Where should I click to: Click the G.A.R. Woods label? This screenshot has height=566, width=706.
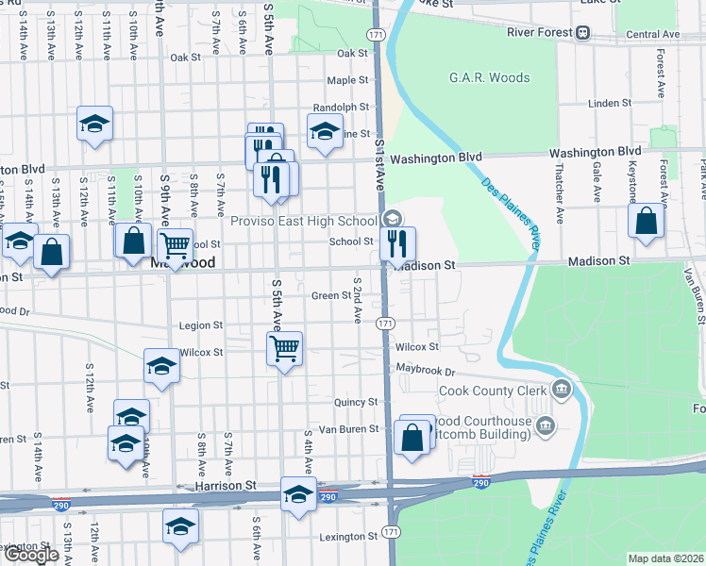click(x=489, y=77)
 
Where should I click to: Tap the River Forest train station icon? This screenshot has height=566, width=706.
click(x=583, y=33)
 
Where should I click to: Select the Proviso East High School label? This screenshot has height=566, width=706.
click(x=305, y=221)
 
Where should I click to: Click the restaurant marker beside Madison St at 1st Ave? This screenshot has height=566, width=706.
click(x=397, y=243)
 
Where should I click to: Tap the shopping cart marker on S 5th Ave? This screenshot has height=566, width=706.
click(x=284, y=349)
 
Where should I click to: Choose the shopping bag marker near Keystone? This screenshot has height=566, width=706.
click(x=647, y=222)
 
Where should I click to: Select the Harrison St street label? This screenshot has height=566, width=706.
click(x=226, y=485)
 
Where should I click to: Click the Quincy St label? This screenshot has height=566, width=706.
click(x=355, y=401)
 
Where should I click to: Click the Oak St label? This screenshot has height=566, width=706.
click(x=185, y=57)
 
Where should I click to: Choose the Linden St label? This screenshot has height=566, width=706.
click(x=608, y=103)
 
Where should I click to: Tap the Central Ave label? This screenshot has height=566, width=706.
click(x=651, y=34)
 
